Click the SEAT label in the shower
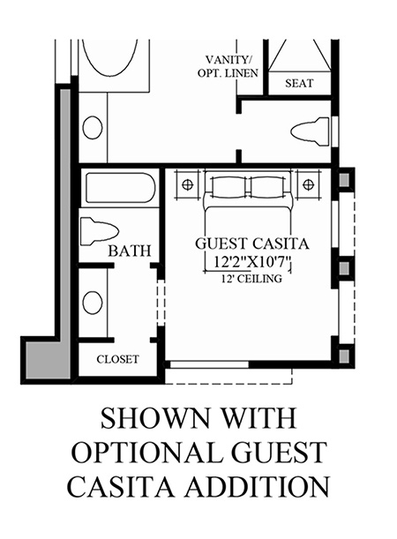point(299,84)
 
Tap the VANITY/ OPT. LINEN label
point(228,67)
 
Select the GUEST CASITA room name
point(252,243)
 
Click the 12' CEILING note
point(252,278)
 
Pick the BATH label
point(130,251)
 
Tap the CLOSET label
point(117,360)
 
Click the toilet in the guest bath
point(100,231)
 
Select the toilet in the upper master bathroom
point(310,132)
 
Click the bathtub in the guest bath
point(120,188)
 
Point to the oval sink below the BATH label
point(93,303)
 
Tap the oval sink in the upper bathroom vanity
point(93,128)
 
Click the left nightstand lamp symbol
point(187,185)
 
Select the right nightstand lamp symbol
point(308,185)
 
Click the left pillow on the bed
point(228,187)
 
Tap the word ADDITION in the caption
point(258,486)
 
